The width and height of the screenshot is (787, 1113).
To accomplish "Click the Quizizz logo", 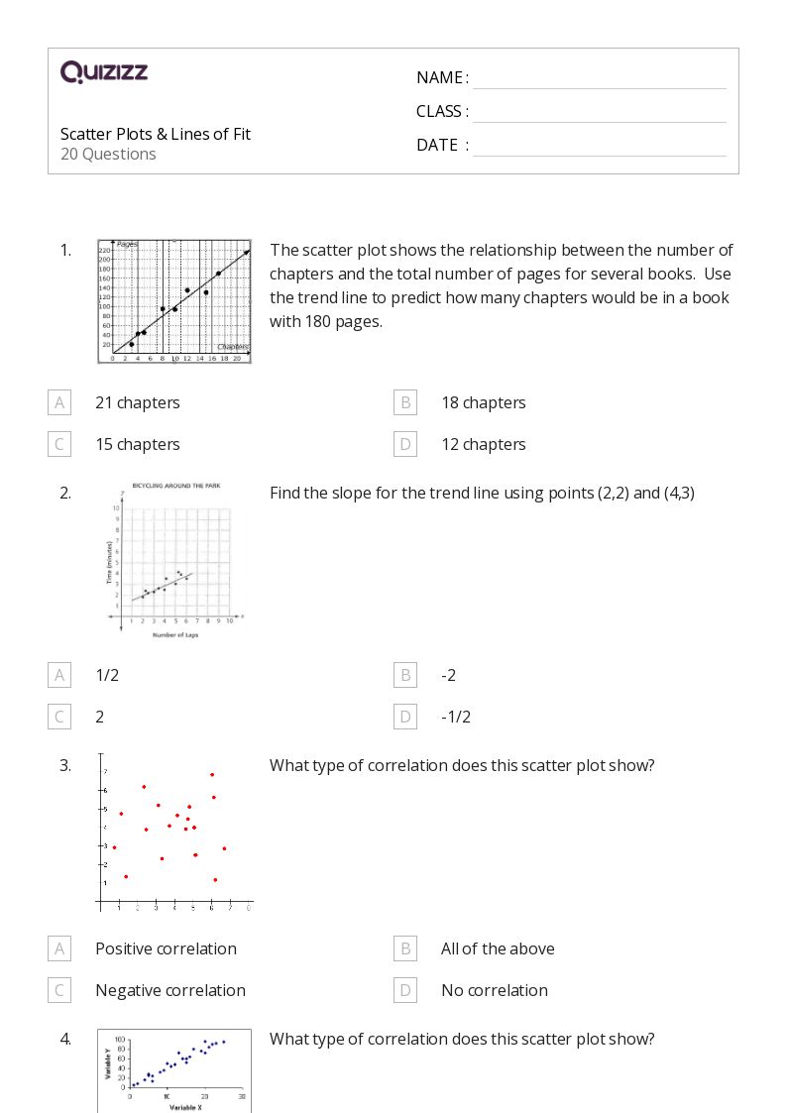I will coord(104,72).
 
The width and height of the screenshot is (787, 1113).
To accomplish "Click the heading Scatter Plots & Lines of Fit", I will coord(156,134).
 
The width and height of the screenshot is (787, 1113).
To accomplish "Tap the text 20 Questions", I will coord(108,154).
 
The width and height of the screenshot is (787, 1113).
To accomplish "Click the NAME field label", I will coord(442,77).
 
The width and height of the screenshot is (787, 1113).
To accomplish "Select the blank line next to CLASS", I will coord(599,112).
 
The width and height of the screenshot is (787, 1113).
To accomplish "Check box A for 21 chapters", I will coord(59,402).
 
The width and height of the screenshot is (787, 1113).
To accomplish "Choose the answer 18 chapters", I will coord(483,402).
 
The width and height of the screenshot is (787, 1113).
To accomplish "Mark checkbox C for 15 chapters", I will coord(59,444).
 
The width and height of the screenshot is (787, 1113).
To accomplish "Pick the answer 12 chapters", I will coord(483,444).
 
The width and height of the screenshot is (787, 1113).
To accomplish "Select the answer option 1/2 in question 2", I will coord(107,675).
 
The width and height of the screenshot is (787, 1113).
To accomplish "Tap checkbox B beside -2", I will coord(404,675).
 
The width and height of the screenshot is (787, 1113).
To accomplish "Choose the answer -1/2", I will coord(456,717).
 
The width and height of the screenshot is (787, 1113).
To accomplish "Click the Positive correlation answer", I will coord(166,948).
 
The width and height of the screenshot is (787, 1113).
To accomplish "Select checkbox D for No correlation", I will coord(404,990).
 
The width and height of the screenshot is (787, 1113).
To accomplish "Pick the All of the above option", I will coord(498,948).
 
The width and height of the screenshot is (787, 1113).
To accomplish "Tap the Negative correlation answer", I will coord(169,990).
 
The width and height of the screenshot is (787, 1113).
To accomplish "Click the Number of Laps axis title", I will coord(174,635).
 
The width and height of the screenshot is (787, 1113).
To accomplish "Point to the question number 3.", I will coord(65,765).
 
